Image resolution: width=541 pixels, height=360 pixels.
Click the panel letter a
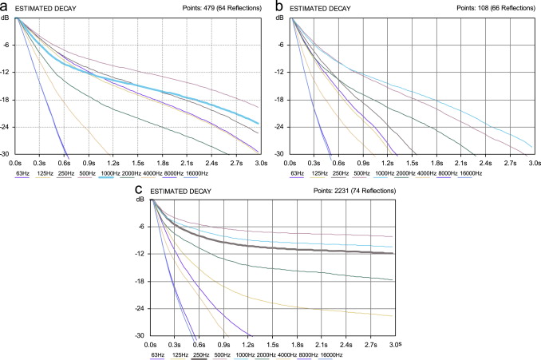(x=6, y=6)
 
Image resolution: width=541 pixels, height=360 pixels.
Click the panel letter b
(x=278, y=6)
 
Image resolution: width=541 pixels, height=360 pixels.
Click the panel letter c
(x=140, y=190)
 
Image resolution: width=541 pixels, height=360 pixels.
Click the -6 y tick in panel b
(x=280, y=45)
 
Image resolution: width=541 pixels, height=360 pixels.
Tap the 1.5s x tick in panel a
(x=139, y=161)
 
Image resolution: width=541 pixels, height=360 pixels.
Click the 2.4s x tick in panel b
(x=484, y=161)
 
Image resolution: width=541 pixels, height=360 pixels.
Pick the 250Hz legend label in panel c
(x=202, y=354)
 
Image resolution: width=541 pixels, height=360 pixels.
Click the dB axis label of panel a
(x=6, y=17)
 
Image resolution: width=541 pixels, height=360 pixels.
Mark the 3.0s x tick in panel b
(x=532, y=161)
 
